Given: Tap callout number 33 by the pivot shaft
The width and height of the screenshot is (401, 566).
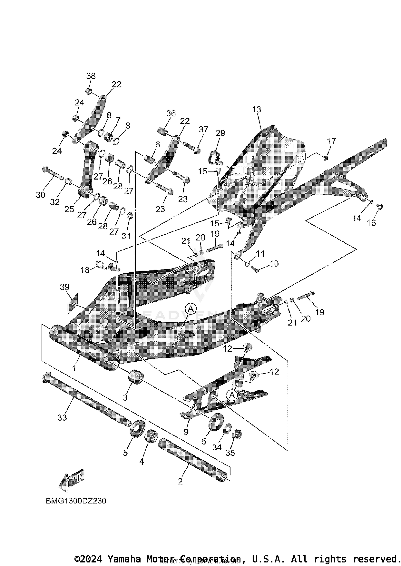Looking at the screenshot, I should tap(62, 417).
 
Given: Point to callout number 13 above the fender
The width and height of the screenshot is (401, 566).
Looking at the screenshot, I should tap(256, 109).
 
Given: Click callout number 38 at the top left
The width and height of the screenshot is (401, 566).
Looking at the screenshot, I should tap(91, 76).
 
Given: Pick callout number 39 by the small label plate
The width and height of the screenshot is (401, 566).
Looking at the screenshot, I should tap(65, 287).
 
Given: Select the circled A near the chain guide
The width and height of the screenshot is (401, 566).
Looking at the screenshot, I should tap(232, 395).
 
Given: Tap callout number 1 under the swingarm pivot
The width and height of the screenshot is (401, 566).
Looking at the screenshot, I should tap(74, 369).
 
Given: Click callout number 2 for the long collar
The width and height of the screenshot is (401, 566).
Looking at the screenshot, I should tap(180, 481).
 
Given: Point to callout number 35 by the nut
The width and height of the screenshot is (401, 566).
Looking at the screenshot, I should tap(230, 453).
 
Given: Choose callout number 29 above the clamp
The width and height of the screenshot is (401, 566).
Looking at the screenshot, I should tap(221, 133).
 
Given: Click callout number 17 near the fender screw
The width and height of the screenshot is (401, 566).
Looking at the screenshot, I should tap(331, 141).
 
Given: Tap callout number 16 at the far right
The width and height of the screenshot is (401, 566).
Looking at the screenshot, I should tap(371, 223).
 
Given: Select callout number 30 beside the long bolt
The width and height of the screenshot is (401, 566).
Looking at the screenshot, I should tap(40, 195).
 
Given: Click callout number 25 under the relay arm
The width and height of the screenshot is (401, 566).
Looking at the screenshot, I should tap(69, 209).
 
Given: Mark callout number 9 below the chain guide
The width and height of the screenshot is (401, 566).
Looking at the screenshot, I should tap(186, 432).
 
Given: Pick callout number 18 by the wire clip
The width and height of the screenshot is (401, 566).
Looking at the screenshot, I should tap(85, 270).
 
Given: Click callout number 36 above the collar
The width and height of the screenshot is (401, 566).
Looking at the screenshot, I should tap(171, 113).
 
